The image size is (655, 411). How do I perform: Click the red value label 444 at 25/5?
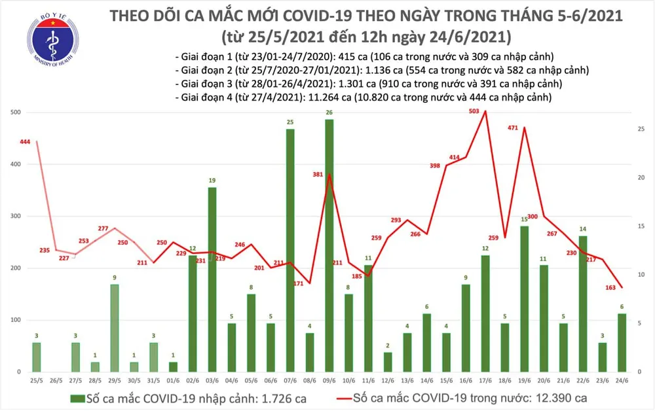point(26,143)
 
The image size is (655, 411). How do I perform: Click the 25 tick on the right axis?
point(643,129)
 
